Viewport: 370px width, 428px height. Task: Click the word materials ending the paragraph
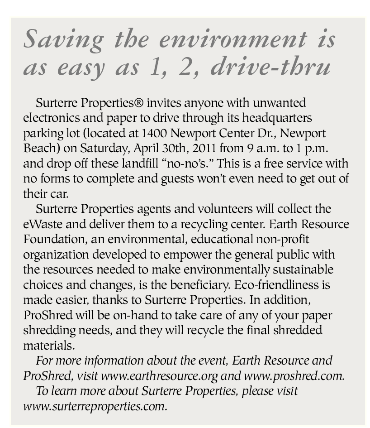[x=49, y=345]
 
